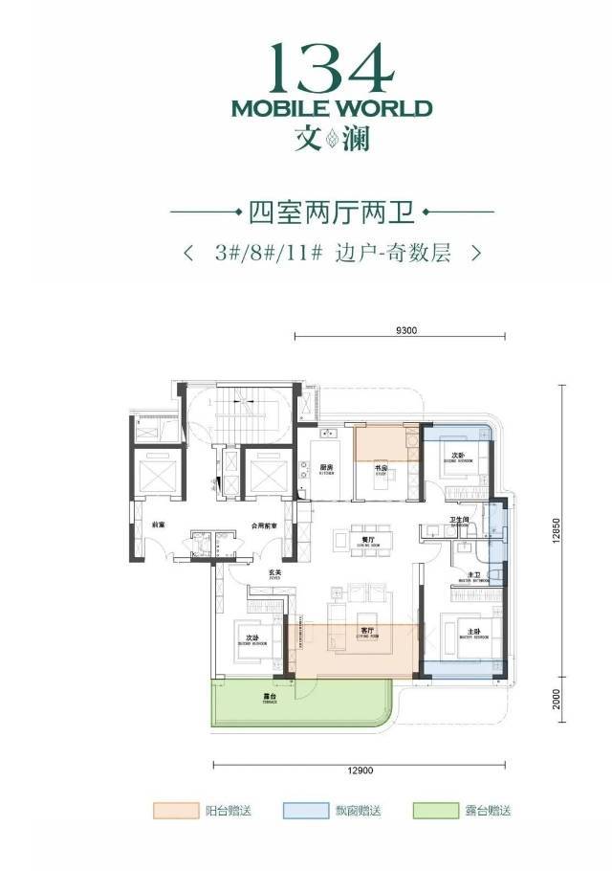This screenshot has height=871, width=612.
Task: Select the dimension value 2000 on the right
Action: (556, 701)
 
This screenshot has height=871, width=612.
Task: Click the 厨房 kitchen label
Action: (326, 468)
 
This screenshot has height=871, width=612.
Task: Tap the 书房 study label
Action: (380, 468)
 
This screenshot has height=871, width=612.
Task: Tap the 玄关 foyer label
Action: (273, 571)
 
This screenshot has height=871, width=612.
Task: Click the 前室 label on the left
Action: (158, 525)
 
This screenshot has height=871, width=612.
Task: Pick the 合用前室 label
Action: (265, 525)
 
